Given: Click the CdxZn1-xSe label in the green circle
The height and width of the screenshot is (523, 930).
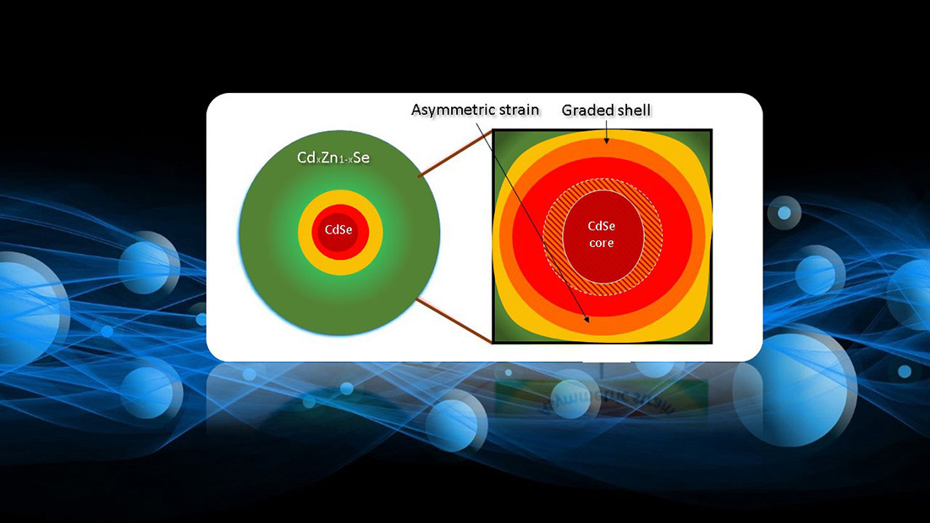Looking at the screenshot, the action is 333,157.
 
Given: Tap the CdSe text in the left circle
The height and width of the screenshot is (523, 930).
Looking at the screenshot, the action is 338,230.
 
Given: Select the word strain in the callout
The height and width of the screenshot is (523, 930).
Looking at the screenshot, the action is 516,110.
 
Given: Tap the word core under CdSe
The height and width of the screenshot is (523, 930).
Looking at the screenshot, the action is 602,243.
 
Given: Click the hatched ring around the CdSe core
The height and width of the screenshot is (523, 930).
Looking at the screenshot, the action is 553,237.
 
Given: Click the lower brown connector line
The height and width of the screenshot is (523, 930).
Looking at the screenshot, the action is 454,321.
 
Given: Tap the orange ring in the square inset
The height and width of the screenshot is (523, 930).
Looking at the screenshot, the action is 602,149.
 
